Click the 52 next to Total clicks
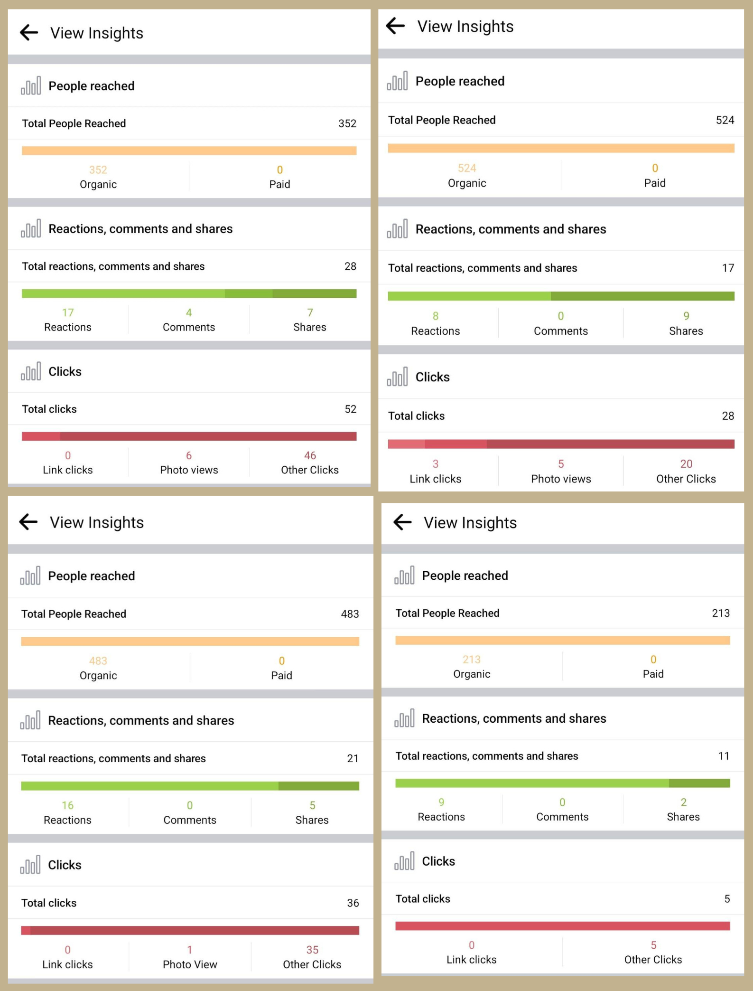(350, 409)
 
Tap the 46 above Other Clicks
(310, 455)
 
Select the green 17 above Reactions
(68, 312)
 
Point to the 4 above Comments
(189, 312)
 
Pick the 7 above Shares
(310, 312)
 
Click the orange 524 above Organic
(467, 168)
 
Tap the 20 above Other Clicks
(686, 463)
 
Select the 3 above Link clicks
(436, 463)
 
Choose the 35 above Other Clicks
(312, 950)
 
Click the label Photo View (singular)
(190, 964)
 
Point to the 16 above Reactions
(68, 805)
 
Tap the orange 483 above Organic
(98, 661)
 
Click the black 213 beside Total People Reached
(721, 613)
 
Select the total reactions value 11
(724, 756)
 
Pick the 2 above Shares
(683, 802)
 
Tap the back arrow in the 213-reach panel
(402, 522)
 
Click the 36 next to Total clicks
(353, 903)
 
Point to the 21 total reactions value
(353, 758)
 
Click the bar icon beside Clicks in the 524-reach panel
(397, 377)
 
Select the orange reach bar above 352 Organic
(189, 151)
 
